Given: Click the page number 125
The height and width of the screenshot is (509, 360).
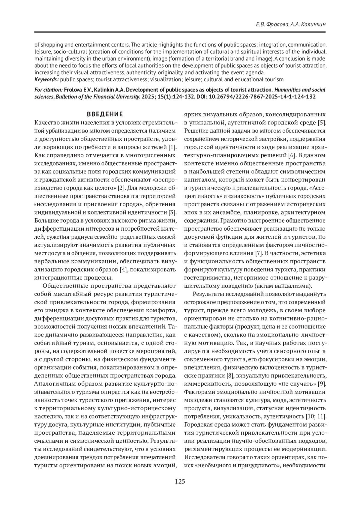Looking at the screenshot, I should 180,482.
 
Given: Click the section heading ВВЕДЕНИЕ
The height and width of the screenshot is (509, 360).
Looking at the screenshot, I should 105,114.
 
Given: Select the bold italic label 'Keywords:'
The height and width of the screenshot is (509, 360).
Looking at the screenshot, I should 46,79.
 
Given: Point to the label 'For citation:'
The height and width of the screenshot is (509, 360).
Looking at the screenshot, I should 49,90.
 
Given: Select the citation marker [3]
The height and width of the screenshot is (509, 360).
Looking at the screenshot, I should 172,213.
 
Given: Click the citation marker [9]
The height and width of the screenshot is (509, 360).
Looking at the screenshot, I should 322,384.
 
